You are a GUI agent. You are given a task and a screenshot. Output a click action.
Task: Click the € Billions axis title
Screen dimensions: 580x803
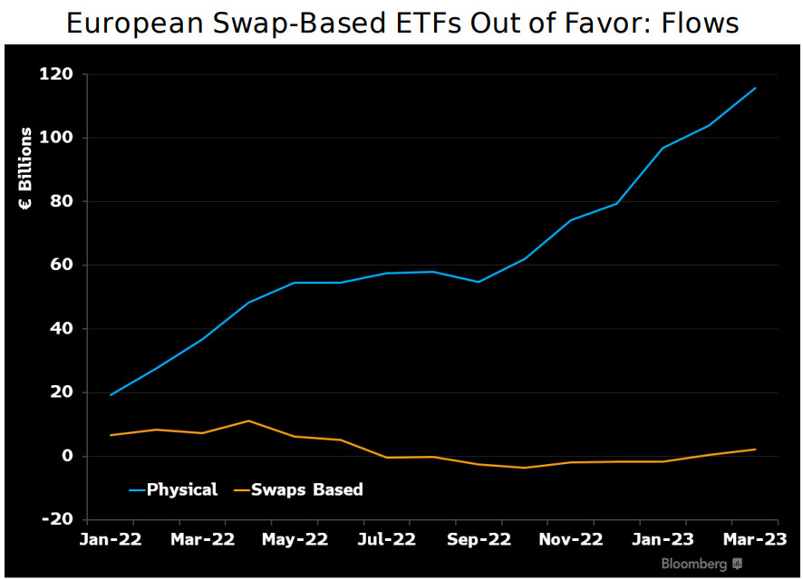26,169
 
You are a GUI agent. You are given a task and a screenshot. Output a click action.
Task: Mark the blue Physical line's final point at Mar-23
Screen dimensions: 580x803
755,88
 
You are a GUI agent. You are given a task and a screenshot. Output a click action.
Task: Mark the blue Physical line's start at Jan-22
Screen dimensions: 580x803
111,395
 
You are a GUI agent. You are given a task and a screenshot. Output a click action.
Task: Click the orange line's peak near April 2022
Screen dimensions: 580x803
248,420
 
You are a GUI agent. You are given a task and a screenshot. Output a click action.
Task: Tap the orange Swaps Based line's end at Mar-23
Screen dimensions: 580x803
755,449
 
